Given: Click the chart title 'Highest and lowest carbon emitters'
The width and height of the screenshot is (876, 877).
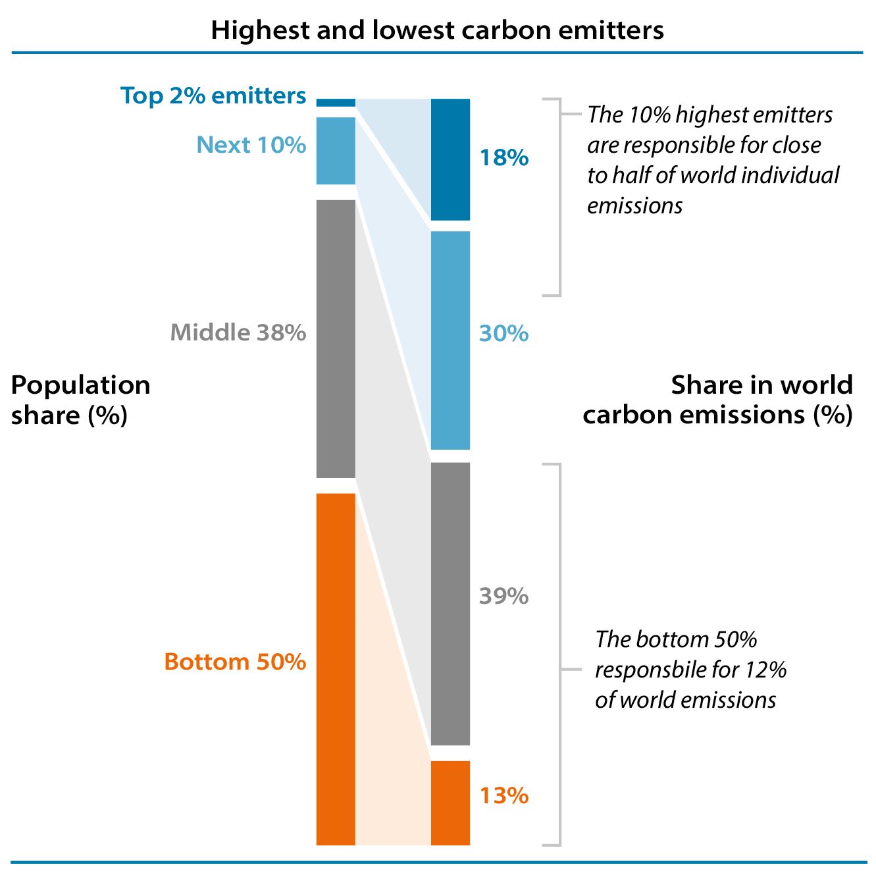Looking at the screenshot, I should pos(437,30).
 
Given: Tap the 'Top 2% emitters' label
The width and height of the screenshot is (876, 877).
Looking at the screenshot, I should pos(213,95).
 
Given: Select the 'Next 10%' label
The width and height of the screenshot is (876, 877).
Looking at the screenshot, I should pos(251,144).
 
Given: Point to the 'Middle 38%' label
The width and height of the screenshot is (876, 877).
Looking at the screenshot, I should pos(238,332).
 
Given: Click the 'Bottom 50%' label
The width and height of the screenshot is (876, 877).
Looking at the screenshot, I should pos(235,661).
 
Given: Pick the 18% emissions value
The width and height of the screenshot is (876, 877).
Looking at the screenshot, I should pos(503,157).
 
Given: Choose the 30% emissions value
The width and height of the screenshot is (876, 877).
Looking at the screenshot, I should pos(503,333).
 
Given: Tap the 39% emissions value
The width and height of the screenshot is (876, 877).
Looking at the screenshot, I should pos(503,596).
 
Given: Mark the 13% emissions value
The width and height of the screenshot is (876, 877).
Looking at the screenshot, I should pos(503,795).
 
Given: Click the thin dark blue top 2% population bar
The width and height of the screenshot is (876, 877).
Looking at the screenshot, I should pos(336,102).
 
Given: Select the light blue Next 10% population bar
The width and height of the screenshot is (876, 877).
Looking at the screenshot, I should pos(336,151).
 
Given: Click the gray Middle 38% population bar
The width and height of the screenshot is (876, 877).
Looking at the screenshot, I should pos(336,338).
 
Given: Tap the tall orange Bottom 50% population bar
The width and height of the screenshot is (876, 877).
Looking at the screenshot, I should pos(336,668).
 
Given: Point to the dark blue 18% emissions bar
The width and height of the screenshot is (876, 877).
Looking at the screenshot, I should pos(450,159).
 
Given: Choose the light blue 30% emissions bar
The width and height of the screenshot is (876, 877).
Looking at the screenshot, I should pos(450,340).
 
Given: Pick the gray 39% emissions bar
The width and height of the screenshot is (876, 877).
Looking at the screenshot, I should pos(450,603).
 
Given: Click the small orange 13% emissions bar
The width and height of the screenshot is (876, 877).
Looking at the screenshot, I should pos(450,803).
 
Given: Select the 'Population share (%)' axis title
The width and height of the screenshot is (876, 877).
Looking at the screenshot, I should pos(80,400).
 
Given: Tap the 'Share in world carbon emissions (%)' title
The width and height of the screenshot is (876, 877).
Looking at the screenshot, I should pos(718,400).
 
